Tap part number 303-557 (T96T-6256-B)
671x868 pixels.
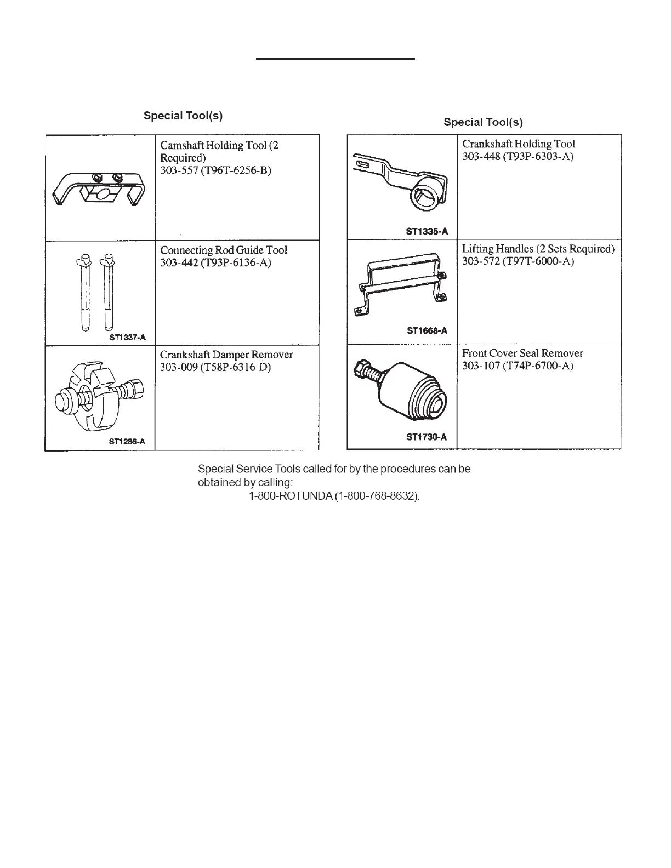215,170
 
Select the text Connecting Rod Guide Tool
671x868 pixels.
223,250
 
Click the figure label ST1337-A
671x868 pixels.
127,338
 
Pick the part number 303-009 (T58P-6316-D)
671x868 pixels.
215,367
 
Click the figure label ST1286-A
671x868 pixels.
127,442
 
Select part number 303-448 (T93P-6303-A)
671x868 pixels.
518,157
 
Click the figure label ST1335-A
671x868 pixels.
427,231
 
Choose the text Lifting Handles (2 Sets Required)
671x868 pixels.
538,249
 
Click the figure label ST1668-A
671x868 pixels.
427,330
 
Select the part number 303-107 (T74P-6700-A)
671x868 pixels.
518,366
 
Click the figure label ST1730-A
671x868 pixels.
427,437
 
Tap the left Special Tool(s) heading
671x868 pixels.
183,116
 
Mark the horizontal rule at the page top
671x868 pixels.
336,58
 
